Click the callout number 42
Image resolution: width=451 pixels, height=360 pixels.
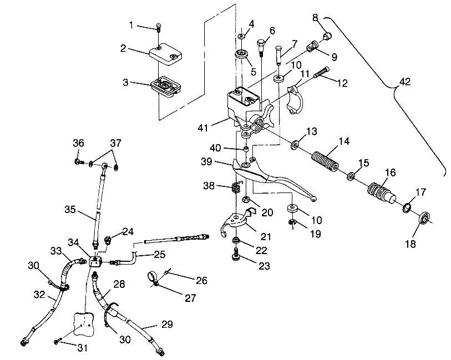405,82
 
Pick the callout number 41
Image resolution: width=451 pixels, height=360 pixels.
203,128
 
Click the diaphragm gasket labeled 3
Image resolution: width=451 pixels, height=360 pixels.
165,87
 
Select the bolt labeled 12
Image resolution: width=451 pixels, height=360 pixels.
322,72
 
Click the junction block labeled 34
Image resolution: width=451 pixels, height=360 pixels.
94,261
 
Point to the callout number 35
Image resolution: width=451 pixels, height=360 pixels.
70,210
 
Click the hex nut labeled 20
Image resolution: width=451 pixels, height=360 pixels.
246,199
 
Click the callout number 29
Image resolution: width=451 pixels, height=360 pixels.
167,324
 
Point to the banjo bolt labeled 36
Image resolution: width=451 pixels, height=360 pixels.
79,162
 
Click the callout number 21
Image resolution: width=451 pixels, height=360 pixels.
266,237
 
